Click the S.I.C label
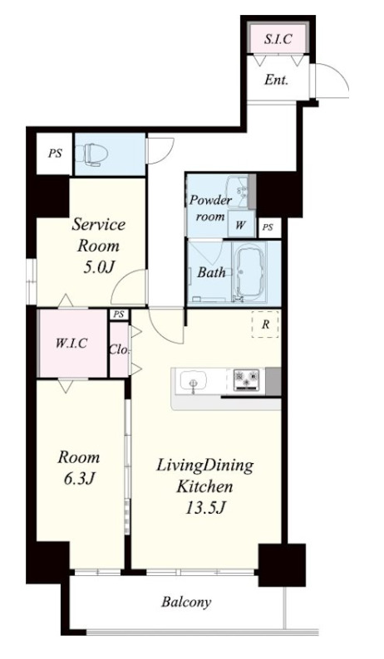[278, 39]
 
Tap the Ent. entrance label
[276, 80]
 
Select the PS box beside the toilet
[54, 154]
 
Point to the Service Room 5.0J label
[98, 246]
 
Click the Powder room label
[209, 208]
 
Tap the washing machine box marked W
[240, 224]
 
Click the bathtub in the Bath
[249, 271]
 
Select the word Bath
[211, 272]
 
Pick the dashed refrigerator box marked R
[265, 324]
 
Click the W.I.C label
[71, 343]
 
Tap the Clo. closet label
[119, 349]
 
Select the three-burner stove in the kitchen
[246, 380]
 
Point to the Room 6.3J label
[79, 467]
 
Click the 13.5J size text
[205, 508]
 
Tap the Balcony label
[186, 603]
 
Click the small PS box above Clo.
[120, 315]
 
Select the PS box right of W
[268, 227]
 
